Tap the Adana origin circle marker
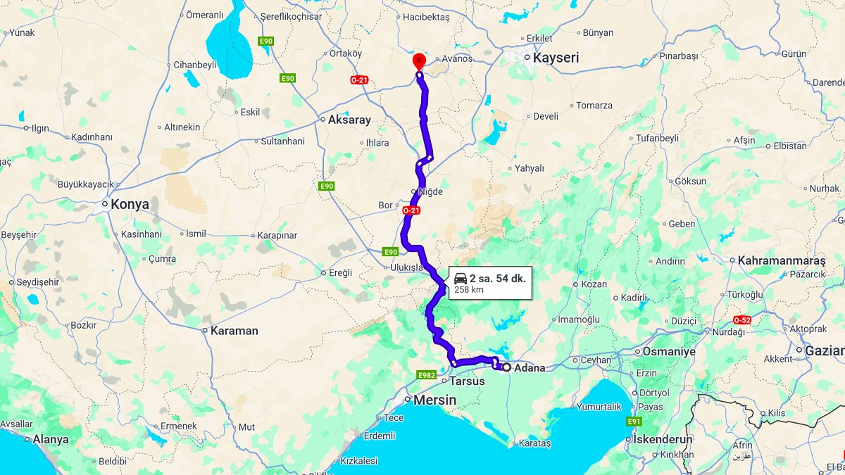(506, 367)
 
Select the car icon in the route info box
(461, 278)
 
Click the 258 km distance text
(469, 290)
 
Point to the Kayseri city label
(556, 58)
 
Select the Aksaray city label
(349, 120)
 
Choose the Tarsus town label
(468, 381)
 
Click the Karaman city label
(234, 330)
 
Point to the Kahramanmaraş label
(782, 260)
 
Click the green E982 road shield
(427, 375)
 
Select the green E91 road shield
(634, 422)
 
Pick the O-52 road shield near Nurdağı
(742, 319)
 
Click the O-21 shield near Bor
(411, 210)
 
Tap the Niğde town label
(430, 191)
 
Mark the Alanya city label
(51, 439)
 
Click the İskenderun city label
(663, 439)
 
